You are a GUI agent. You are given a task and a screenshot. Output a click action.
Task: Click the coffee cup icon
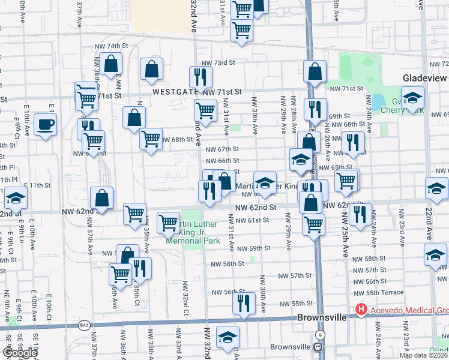[46, 125]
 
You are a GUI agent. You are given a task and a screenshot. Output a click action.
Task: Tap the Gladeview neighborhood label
[425, 79]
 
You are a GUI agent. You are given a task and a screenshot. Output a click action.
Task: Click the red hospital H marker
[361, 310]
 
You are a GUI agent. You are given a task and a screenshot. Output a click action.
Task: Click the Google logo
[20, 352]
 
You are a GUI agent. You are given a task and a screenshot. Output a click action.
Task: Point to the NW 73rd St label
[217, 63]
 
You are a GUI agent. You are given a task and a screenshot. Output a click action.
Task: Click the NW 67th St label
[223, 149]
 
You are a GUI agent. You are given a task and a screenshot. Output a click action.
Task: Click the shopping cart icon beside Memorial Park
[169, 223]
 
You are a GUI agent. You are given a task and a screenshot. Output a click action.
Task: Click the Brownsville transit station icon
[319, 347]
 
